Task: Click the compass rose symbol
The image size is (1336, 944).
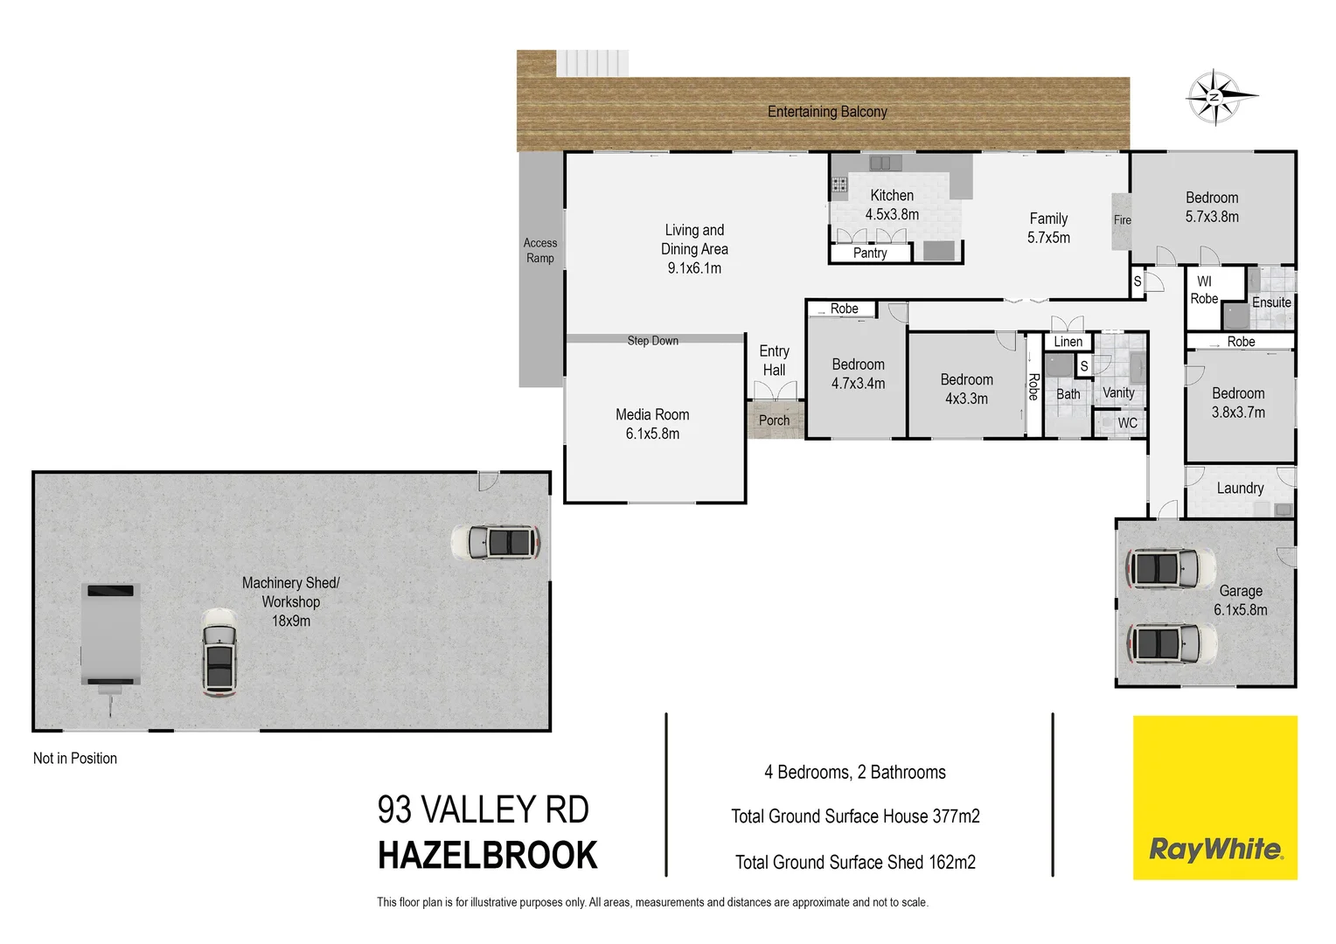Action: point(1215,97)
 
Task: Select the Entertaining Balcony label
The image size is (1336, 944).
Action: point(827,112)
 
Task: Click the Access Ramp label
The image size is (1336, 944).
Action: point(540,251)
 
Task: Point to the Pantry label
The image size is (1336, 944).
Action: point(870,253)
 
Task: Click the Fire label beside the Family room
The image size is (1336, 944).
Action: point(1122,220)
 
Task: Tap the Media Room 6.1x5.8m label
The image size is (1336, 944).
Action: point(652,424)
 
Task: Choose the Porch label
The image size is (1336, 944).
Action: point(774,420)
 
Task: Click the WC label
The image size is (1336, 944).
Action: point(1128,423)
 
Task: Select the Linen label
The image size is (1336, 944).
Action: point(1068,342)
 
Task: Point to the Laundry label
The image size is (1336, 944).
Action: point(1240,489)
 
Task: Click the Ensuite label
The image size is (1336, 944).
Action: point(1271,302)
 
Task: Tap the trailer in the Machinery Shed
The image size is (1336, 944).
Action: point(110,636)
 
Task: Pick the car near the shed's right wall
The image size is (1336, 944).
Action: point(496,543)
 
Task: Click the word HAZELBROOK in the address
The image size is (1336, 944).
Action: point(487,856)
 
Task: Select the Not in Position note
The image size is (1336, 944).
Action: point(75,759)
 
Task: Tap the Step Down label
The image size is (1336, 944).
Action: point(652,341)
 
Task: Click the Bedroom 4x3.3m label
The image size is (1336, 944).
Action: point(966,389)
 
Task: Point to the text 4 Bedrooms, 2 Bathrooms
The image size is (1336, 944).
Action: point(855,773)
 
